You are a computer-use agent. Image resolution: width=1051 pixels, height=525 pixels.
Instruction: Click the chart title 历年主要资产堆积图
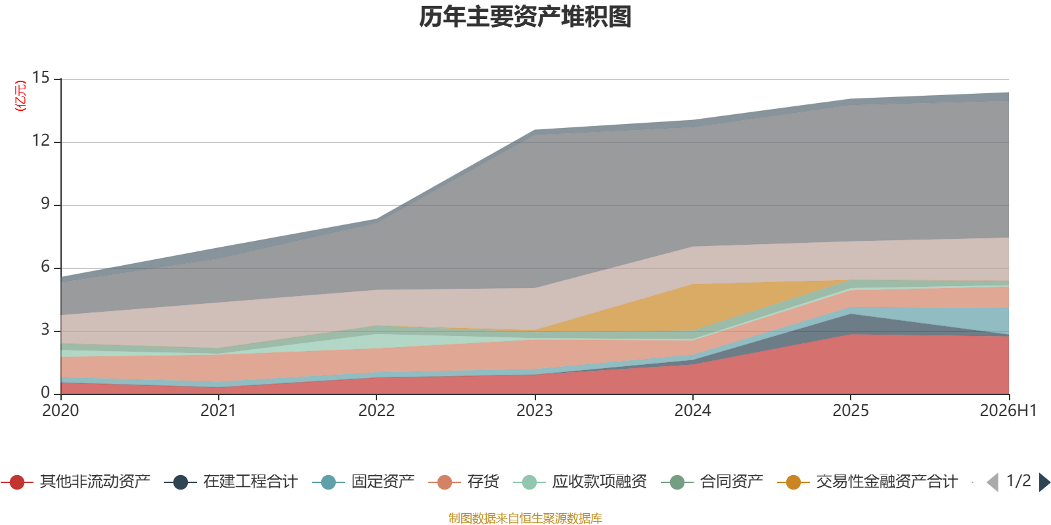[x=525, y=17]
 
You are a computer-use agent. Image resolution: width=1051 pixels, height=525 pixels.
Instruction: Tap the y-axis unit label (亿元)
[x=20, y=96]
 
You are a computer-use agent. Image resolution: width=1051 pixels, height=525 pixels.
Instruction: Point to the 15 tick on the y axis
[x=40, y=77]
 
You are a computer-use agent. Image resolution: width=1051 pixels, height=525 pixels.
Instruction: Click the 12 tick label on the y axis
[x=40, y=140]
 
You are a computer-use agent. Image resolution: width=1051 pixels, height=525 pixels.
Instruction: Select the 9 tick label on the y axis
[x=45, y=203]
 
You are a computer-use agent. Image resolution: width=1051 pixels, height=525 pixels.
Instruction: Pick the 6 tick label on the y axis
[x=45, y=266]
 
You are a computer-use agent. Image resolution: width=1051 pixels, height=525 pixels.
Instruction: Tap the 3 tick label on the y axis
[x=45, y=329]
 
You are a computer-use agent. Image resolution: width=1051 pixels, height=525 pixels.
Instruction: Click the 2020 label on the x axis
[x=60, y=410]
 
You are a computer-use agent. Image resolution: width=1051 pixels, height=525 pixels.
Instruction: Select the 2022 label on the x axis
[x=376, y=410]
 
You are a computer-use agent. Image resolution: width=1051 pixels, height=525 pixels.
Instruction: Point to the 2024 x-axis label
[x=692, y=410]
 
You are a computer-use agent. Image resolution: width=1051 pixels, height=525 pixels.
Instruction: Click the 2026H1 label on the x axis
[x=1008, y=410]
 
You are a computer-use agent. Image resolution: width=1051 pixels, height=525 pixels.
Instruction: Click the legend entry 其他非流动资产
[x=76, y=482]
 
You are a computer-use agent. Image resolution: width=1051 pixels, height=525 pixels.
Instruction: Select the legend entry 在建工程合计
[x=231, y=482]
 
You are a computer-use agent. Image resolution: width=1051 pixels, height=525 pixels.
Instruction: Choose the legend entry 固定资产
[x=363, y=482]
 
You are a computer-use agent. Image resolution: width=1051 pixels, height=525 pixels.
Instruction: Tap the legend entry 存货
[x=464, y=482]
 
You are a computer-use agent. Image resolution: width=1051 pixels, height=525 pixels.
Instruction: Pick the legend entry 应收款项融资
[x=580, y=482]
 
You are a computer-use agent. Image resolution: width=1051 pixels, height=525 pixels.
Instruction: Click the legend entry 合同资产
[x=712, y=482]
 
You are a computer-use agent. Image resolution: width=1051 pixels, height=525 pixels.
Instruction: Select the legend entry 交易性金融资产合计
[x=868, y=482]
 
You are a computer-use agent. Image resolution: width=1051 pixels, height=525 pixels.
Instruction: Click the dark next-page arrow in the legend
[x=1044, y=482]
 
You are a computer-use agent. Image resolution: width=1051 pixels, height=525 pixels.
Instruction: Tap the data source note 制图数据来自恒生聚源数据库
[x=525, y=518]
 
